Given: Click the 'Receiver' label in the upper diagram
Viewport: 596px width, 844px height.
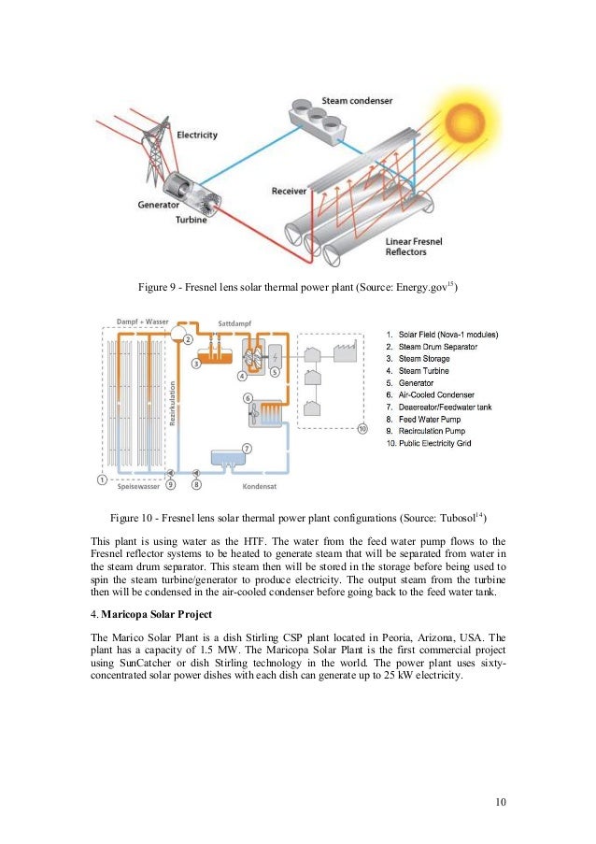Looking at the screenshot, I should (x=289, y=192).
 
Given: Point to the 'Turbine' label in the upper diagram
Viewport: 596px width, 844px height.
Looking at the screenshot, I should (x=192, y=220).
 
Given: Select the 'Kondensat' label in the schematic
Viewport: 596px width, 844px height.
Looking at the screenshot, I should (x=256, y=486).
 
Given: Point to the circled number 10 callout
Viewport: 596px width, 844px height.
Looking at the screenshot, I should (x=362, y=429).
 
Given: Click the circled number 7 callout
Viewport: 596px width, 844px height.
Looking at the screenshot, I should (x=246, y=449).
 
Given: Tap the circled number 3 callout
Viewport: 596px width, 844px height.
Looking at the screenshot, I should (x=196, y=363).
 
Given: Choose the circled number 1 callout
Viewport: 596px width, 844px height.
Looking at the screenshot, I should (x=101, y=479).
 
